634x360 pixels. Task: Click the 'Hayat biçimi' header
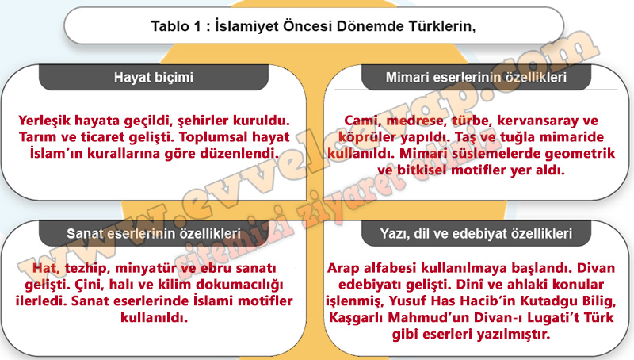[x=154, y=77]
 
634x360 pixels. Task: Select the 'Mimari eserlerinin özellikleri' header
[x=476, y=77]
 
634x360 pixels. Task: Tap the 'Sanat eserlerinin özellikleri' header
[x=154, y=233]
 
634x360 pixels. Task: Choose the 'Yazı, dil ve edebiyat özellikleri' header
[x=476, y=233]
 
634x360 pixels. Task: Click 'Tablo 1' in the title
[x=176, y=26]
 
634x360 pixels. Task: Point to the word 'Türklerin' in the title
[x=442, y=26]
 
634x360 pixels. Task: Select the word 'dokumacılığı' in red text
[x=240, y=285]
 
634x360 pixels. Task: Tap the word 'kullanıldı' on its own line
[x=154, y=317]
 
